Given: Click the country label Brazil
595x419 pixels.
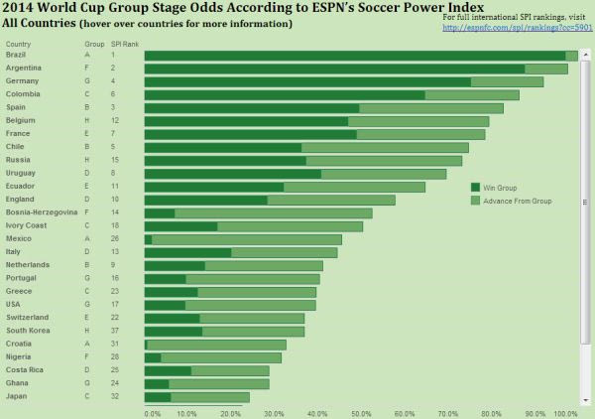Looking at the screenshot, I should pos(16,56).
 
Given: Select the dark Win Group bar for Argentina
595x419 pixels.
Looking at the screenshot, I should pos(334,69).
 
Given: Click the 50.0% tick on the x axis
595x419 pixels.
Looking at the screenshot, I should pos(361,413).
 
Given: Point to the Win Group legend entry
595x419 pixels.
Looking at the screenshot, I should pos(500,187).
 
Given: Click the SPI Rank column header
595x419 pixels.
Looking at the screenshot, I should pos(125,45).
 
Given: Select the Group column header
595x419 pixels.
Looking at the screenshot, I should pos(94,45).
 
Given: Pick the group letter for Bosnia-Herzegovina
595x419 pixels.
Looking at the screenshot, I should pos(87,212).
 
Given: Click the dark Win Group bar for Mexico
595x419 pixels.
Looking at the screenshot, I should pos(149,239).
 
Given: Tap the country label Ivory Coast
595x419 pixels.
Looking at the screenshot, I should pos(25,225).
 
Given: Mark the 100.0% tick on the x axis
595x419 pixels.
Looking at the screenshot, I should pos(566,413).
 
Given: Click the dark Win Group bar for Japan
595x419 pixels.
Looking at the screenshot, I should pos(158,397).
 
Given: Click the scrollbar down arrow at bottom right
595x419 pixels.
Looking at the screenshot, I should pos(585,400).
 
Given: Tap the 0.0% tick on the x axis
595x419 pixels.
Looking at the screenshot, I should pos(152,413).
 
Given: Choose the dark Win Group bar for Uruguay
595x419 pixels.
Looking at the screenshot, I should pos(233,174).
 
